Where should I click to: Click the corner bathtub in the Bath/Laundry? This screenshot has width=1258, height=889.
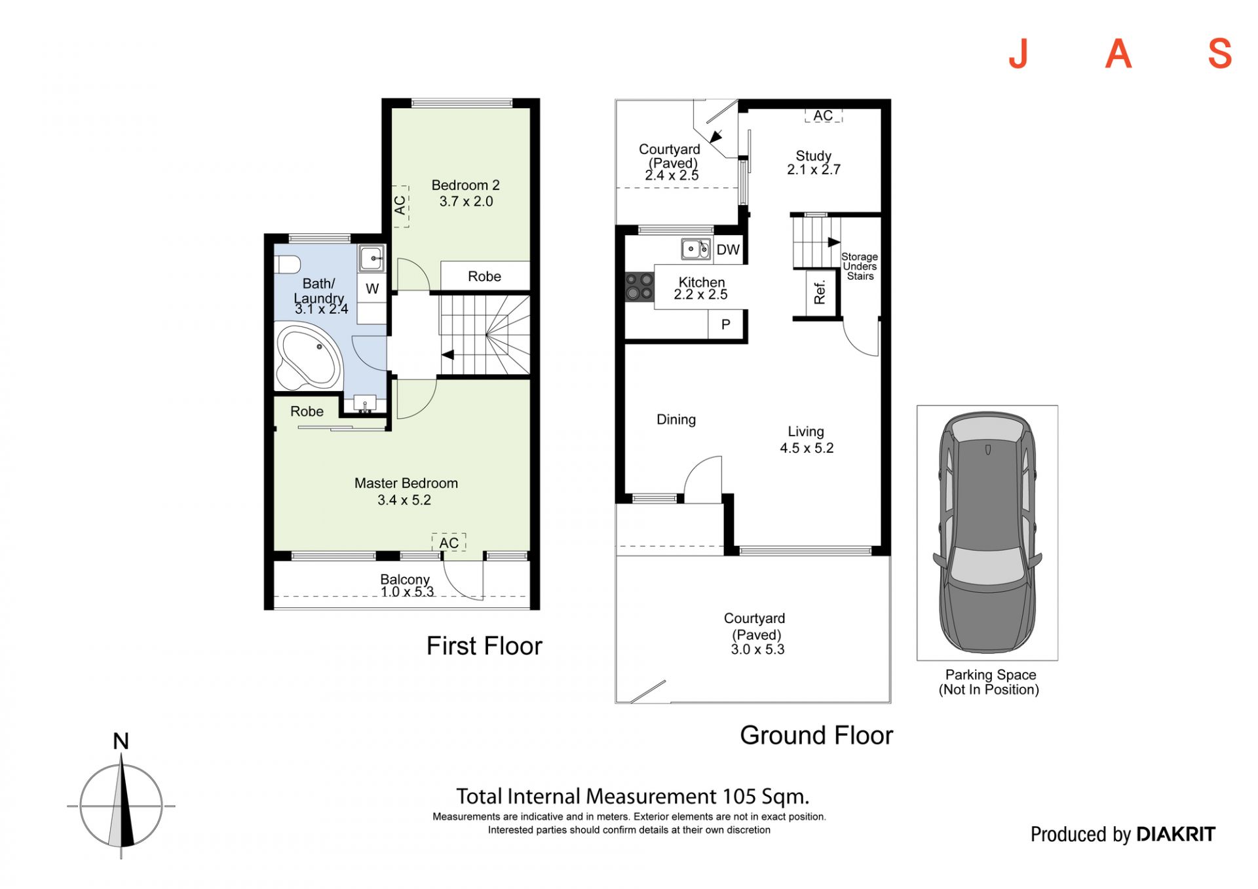309,357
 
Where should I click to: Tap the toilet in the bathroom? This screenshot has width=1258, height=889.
286,265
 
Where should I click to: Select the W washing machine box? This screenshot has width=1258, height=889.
372,289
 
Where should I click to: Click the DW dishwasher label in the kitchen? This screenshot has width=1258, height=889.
728,250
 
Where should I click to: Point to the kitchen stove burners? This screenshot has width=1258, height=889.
639,287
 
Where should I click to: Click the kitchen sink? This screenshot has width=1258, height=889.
696,249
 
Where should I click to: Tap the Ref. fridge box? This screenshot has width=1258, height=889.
819,293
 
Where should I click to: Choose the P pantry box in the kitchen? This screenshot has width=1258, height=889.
726,324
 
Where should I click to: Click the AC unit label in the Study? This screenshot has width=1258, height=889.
824,116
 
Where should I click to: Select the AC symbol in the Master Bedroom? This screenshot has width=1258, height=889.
449,542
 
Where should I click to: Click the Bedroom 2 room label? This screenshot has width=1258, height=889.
466,185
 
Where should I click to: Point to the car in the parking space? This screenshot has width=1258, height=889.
987,532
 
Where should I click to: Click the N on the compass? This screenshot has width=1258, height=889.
121,741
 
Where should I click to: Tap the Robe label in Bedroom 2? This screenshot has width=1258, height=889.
484,276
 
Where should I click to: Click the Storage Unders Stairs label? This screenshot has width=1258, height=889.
860,267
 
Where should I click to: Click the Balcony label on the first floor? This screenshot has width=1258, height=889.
405,579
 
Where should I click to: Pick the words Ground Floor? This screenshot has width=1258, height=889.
816,735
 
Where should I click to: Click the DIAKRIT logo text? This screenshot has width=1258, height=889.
1175,834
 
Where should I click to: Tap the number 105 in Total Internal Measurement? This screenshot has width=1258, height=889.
740,797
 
